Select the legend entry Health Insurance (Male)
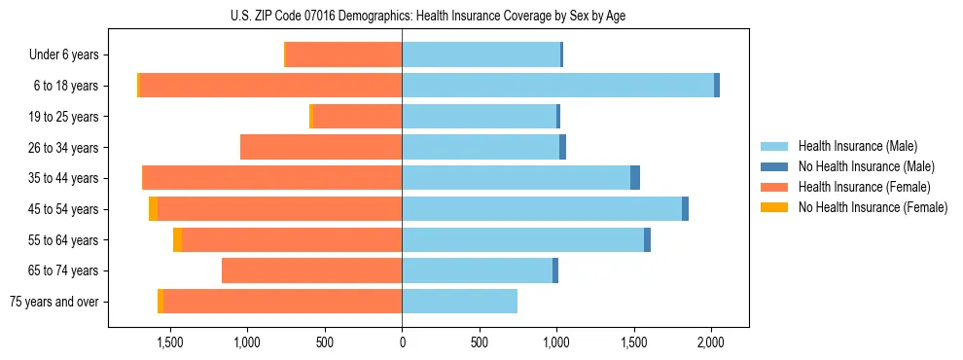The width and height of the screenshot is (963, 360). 857,146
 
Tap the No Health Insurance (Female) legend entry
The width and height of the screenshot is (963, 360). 873,207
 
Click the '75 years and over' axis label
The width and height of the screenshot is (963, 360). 54,302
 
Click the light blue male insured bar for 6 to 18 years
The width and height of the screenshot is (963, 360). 557,86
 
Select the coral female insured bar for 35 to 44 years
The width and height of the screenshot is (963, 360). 272,178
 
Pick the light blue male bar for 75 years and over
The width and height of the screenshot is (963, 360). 459,302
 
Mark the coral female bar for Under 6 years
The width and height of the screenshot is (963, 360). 343,55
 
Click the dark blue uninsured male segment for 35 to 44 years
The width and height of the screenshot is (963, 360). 635,178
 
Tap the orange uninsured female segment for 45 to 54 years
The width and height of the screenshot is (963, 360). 153,209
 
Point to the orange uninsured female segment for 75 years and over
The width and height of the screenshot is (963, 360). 160,302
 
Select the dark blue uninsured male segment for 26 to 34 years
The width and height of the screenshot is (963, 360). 562,148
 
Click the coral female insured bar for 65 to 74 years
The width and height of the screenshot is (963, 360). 312,270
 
